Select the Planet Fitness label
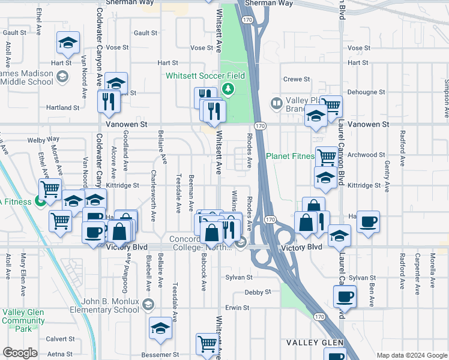(x=290, y=157)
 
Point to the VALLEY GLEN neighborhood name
(x=314, y=343)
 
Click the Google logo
(x=20, y=352)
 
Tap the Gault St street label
(x=146, y=33)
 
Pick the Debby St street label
(x=258, y=292)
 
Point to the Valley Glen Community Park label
(x=23, y=320)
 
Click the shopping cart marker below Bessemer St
(x=207, y=344)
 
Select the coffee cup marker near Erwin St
(x=345, y=296)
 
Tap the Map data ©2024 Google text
(x=411, y=355)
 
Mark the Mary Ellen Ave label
(x=23, y=267)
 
